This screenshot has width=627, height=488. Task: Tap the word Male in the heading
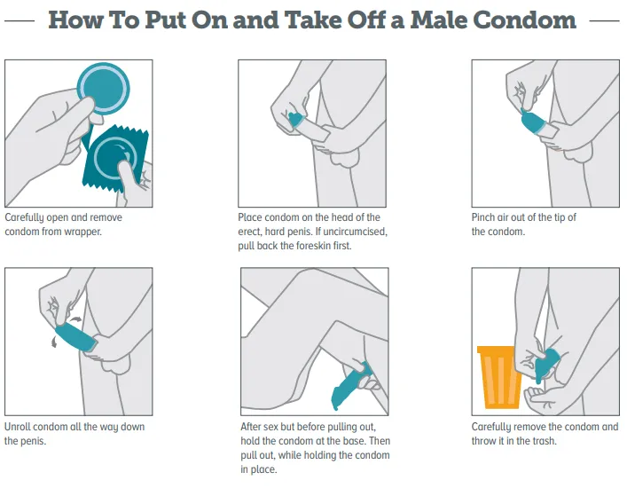click(438, 20)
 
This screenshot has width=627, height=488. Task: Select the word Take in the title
click(313, 20)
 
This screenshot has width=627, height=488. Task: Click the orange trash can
click(499, 377)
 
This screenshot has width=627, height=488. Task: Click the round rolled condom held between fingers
click(103, 89)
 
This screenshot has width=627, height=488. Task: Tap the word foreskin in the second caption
click(313, 246)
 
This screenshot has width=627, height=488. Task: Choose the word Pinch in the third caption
click(482, 217)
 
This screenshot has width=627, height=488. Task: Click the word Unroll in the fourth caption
click(17, 427)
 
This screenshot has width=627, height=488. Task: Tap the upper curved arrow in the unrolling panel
click(74, 319)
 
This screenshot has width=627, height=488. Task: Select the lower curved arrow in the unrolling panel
click(54, 342)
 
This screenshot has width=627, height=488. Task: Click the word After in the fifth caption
click(251, 427)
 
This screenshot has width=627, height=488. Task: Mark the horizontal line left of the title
click(20, 20)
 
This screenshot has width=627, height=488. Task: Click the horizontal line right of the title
click(605, 20)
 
